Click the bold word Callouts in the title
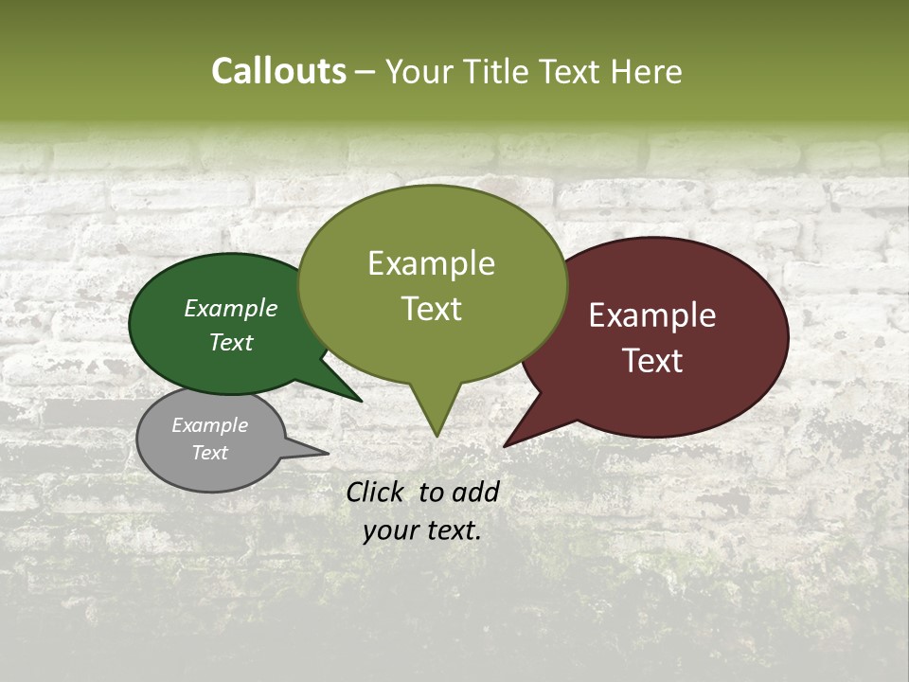pos(278,71)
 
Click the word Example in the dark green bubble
pos(231,308)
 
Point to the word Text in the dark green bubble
pos(231,342)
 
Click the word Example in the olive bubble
pos(431,263)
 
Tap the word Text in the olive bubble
pos(431,309)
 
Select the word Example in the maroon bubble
pos(652,315)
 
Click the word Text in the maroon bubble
pos(652,361)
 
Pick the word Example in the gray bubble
pos(210,425)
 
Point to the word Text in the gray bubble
pos(210,453)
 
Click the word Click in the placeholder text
pos(376,492)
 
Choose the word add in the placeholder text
pos(475,492)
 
